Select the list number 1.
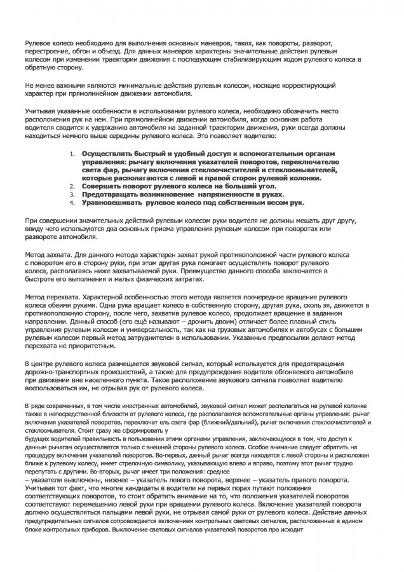(x=72, y=154)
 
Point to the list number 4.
(x=72, y=202)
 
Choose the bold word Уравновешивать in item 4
(x=111, y=203)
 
